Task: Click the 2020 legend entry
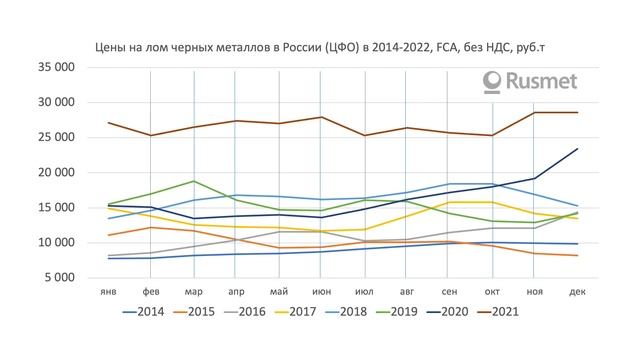[x=459, y=312]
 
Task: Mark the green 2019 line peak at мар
[x=193, y=181]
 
